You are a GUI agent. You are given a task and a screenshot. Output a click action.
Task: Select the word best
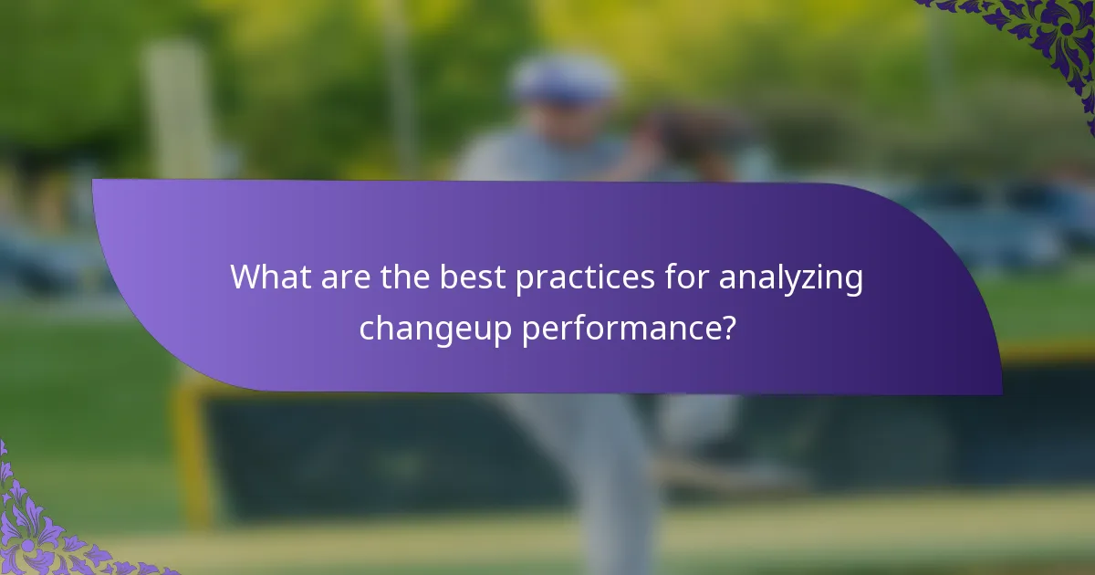coord(472,277)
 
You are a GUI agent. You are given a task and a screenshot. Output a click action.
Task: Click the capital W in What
coord(245,277)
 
